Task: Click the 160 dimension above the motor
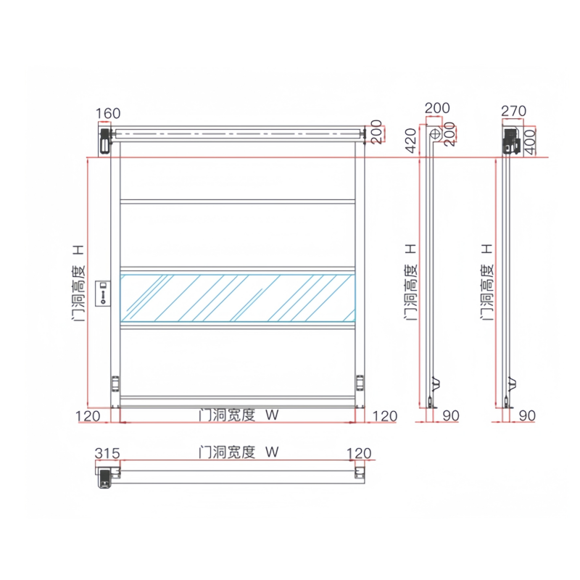tap(107, 113)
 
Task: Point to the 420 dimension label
tap(410, 139)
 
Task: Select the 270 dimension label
tap(513, 111)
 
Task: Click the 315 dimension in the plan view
tap(106, 454)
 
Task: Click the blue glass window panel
tap(238, 297)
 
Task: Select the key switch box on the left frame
tap(103, 291)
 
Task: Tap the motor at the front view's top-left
tap(104, 138)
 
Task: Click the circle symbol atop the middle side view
tap(436, 134)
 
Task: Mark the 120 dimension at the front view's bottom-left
tap(88, 415)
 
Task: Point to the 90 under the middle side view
tap(450, 415)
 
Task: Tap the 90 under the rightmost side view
tap(527, 415)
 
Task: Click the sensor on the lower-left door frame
tap(114, 382)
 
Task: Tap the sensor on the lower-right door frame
tap(360, 382)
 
